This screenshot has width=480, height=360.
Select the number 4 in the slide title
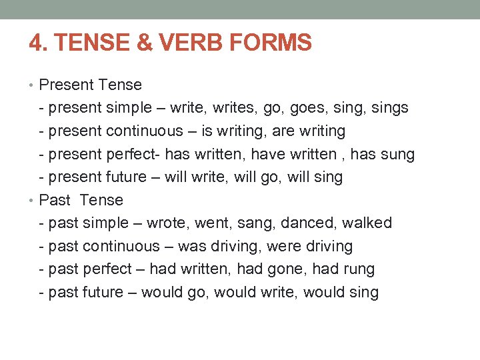(35, 43)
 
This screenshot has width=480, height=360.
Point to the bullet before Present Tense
(33, 85)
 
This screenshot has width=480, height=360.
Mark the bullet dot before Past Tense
(33, 201)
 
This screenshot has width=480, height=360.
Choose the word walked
(367, 223)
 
